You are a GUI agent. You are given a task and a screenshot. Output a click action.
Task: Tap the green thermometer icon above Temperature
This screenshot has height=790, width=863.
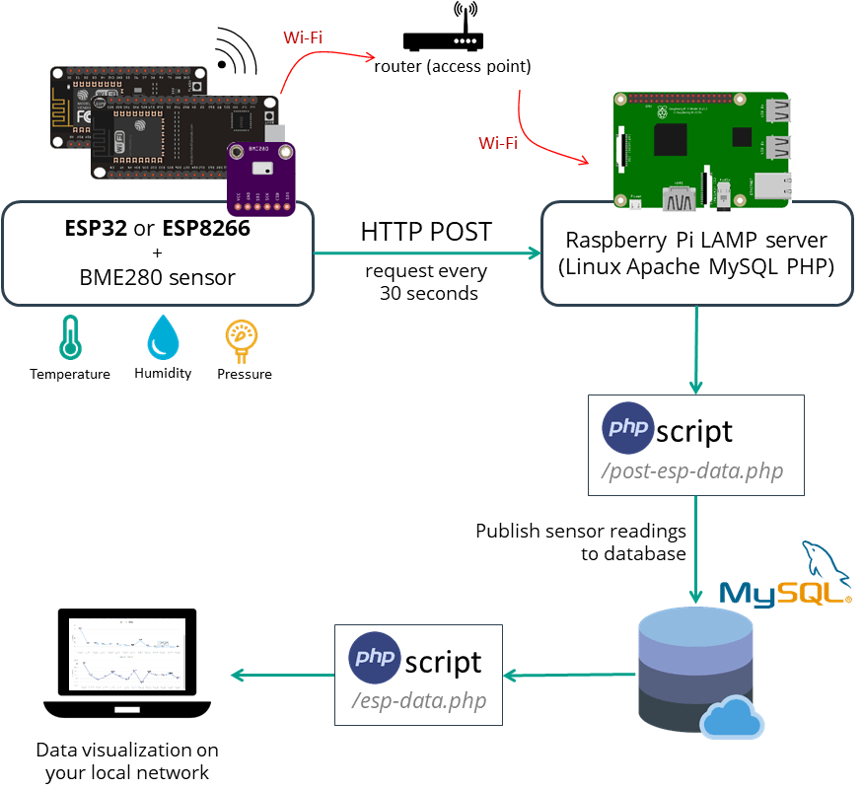point(69,336)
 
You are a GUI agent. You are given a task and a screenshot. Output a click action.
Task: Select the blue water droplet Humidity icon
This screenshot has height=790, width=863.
point(162,336)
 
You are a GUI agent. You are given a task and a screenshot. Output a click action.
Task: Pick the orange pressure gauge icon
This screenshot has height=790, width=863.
point(243,337)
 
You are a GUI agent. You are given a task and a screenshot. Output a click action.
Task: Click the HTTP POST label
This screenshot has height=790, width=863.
point(426,233)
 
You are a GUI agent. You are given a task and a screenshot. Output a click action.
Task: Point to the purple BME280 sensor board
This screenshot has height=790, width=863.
point(260,178)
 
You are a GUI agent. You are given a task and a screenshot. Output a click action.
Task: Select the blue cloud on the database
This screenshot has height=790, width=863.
point(731,716)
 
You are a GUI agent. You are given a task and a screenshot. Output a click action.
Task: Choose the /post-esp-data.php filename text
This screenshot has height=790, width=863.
point(692,470)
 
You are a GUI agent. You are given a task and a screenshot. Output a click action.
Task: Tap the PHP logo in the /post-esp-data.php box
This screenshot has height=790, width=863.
point(627,428)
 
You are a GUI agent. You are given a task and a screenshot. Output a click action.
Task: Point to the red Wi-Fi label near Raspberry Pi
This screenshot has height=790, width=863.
point(498,143)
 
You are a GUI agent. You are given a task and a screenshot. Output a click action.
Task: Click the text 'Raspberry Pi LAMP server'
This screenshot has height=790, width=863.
point(696,240)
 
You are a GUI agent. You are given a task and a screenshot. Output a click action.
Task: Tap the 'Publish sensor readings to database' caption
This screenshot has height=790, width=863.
point(581,542)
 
